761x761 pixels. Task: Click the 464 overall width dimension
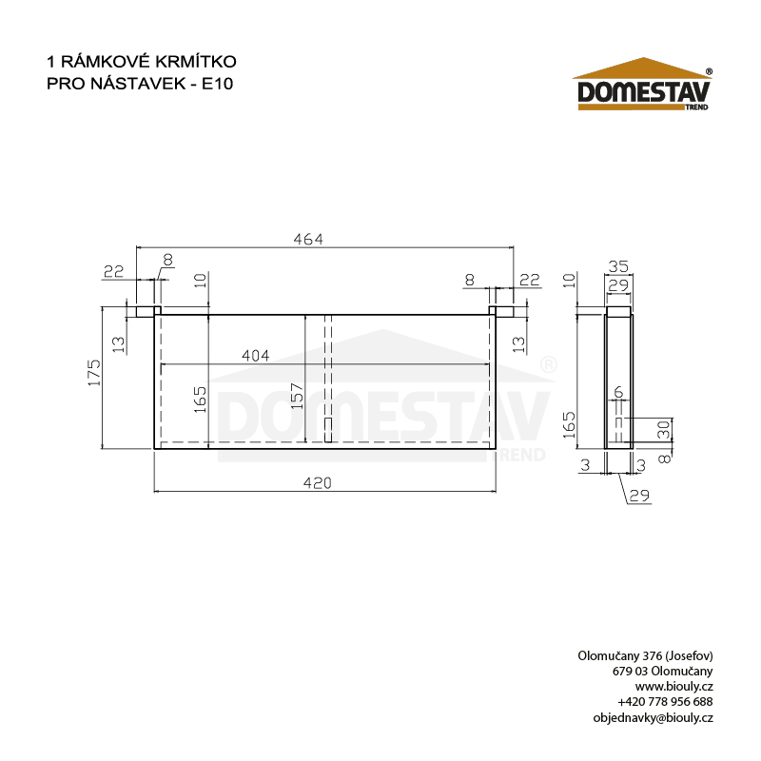point(308,240)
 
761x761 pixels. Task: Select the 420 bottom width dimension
point(318,483)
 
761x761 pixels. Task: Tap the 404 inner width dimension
point(256,356)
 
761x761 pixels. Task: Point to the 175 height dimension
point(94,373)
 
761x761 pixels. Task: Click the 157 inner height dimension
point(297,396)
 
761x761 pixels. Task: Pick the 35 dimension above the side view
point(618,266)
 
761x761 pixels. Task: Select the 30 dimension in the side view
point(663,430)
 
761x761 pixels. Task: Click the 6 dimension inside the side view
point(618,392)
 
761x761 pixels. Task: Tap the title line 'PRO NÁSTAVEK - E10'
point(140,84)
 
